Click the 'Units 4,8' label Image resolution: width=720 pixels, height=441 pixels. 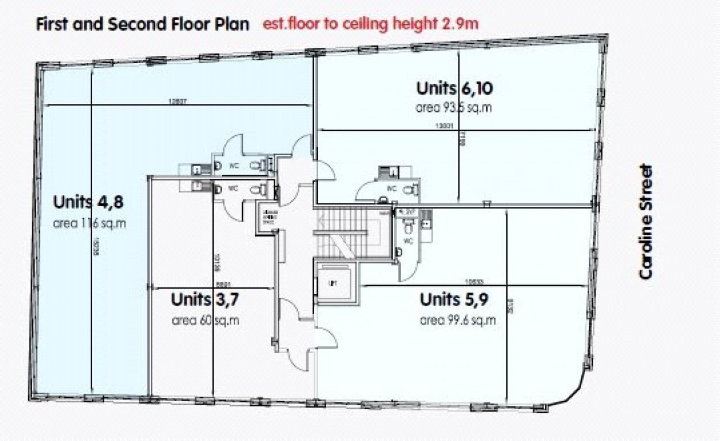[88, 203]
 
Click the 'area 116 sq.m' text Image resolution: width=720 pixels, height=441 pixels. [89, 223]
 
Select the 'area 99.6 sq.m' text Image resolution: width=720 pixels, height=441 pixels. [458, 321]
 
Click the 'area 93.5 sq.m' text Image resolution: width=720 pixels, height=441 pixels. [454, 108]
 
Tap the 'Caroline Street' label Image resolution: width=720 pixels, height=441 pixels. [647, 222]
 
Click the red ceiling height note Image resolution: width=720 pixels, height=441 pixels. [371, 24]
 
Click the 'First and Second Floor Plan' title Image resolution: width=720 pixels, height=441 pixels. [143, 24]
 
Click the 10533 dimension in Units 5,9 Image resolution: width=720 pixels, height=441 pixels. [474, 281]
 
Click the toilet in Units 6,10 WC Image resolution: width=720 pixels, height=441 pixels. [410, 189]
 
